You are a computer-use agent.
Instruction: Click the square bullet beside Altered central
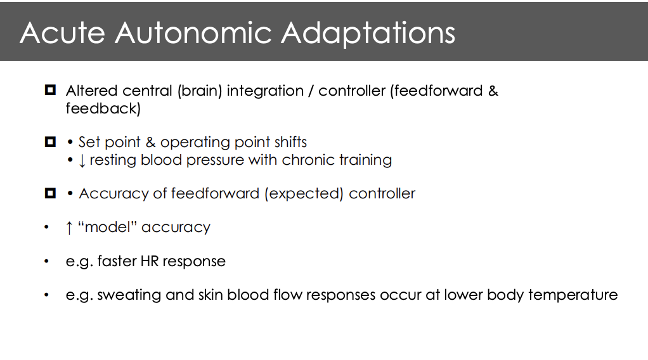tap(50, 90)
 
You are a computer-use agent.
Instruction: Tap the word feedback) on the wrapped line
tap(103, 108)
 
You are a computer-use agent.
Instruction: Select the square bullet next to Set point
tap(50, 142)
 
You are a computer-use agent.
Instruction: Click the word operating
tap(191, 142)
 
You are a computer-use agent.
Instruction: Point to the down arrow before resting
tap(82, 160)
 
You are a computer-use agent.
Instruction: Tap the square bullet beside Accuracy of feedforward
tap(50, 193)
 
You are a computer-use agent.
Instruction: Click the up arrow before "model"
tap(69, 228)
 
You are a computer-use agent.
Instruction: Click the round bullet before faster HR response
tap(46, 261)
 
